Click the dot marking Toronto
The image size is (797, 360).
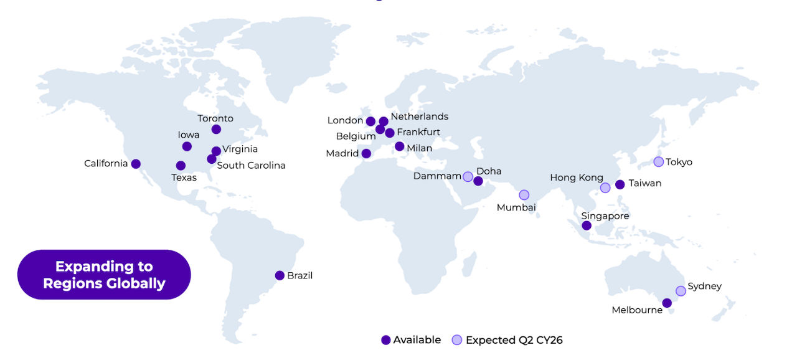[x=216, y=130]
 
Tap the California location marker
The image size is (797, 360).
[x=136, y=164]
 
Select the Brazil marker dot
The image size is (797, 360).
[x=280, y=275]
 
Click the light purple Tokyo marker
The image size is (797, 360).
[x=659, y=162]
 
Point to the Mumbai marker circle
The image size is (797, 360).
[x=524, y=195]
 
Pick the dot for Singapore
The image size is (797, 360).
[x=587, y=225]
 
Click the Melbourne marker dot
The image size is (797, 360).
[x=667, y=303]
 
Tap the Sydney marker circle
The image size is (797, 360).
[x=681, y=291]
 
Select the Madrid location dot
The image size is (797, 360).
[x=366, y=153]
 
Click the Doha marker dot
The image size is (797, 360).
[x=478, y=181]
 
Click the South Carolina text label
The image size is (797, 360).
[x=251, y=165]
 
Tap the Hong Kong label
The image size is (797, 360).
[x=577, y=178]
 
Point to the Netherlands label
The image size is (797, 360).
[x=420, y=116]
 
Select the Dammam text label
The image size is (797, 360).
[x=437, y=176]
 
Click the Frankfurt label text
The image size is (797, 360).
[x=418, y=132]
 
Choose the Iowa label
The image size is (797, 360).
[x=189, y=135]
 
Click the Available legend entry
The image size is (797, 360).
[x=412, y=340]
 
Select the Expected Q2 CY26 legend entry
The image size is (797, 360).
[x=507, y=340]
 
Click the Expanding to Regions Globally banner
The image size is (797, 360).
[x=104, y=275]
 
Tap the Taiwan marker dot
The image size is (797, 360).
[x=620, y=184]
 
